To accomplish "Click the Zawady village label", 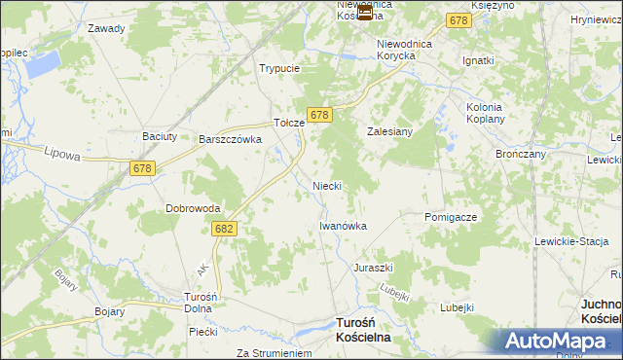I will pos(106,28).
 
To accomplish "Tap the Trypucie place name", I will pos(278,69).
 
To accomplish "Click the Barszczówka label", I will pos(232,140).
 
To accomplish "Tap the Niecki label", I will pos(326,185).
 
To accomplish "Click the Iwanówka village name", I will pos(343,226).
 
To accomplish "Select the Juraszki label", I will pos(373,267).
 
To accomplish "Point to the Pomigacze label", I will pos(451,217).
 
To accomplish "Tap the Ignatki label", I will pos(479,60).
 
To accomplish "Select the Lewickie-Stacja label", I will pos(571,240).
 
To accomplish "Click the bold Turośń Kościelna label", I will pos(362,329).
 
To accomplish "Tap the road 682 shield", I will pos(223,227).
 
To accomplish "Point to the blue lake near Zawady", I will pos(41,65).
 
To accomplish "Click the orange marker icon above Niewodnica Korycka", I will pos(365,13).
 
